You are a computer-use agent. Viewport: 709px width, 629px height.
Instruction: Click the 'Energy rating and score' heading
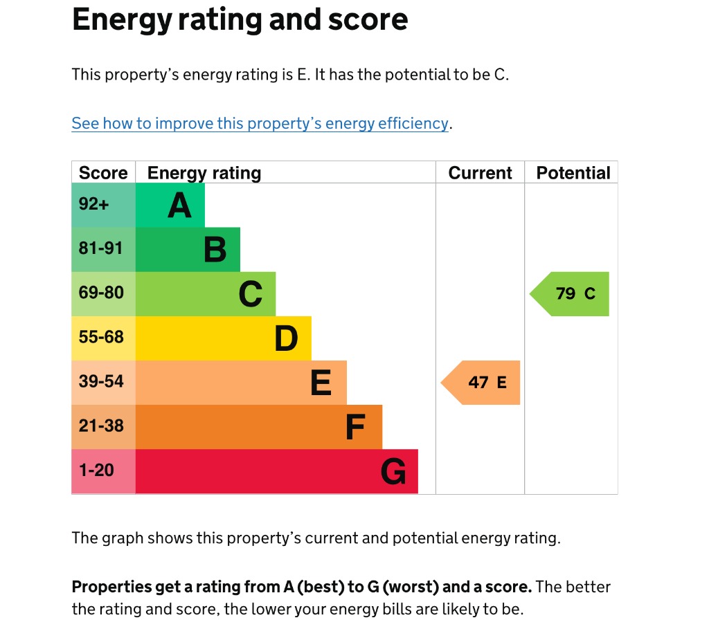[240, 21]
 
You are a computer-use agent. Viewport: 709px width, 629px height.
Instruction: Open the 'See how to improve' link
[260, 123]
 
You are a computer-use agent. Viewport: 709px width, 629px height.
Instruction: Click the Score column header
[103, 173]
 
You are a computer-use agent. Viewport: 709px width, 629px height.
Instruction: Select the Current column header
[480, 173]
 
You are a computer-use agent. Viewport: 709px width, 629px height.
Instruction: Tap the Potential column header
[573, 173]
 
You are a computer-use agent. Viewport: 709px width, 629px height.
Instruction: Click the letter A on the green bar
[179, 206]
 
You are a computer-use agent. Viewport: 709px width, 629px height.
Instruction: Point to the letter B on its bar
[215, 250]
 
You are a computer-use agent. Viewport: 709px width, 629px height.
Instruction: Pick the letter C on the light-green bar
[251, 294]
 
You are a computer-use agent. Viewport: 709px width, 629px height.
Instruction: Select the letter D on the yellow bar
[286, 338]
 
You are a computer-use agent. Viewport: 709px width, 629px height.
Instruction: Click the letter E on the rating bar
[321, 383]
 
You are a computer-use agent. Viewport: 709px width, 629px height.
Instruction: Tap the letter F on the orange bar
[355, 427]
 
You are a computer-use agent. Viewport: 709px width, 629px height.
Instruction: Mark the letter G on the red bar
[393, 472]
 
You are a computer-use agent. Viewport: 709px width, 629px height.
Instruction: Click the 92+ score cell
[94, 205]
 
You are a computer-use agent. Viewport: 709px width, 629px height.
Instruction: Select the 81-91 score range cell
[101, 248]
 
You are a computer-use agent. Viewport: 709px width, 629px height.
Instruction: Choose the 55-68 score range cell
[101, 337]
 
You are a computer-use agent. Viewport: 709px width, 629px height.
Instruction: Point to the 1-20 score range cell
[96, 471]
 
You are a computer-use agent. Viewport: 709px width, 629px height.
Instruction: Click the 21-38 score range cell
[101, 426]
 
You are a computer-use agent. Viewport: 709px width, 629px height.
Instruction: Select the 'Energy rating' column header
[204, 173]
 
